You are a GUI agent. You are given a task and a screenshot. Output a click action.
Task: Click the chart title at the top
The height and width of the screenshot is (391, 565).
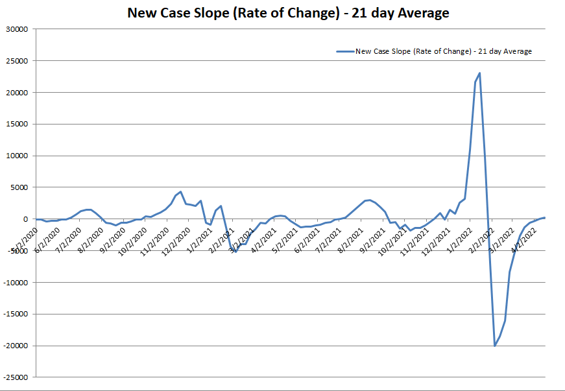coord(288,13)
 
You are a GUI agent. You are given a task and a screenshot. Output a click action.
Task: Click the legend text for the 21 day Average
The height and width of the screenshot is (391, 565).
coord(444,51)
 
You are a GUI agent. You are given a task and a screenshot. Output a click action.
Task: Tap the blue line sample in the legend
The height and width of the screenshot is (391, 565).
coord(344,51)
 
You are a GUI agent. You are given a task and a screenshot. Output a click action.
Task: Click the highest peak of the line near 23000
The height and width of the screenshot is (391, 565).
coord(479,73)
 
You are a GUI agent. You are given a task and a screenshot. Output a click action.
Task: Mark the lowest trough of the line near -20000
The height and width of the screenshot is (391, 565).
coord(495,346)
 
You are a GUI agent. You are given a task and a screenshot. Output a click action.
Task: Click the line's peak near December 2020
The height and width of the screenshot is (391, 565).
coord(180,192)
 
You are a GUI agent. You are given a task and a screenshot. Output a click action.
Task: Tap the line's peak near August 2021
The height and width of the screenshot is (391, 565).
coord(369,200)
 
